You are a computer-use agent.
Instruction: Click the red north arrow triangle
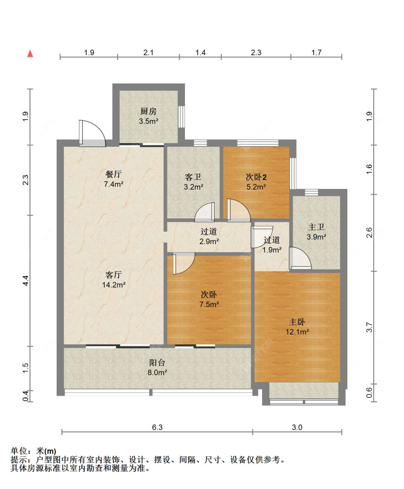coord(30,53)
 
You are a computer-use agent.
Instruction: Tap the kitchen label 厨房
coord(148,111)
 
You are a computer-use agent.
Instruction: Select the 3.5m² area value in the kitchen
coord(148,121)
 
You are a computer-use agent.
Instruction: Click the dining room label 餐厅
coord(113,174)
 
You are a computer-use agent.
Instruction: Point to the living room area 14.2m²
coord(113,285)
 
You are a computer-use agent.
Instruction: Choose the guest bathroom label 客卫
coord(193,177)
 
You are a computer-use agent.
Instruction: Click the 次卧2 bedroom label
coord(256,177)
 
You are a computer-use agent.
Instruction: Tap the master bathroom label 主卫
coord(316,227)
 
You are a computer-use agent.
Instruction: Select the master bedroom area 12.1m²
coord(297,331)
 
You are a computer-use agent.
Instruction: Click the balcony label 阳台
coord(157,363)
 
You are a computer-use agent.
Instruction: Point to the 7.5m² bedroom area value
coord(209,304)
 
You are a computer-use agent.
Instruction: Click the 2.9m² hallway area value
coord(209,241)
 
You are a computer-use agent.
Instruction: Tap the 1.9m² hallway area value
coord(272,250)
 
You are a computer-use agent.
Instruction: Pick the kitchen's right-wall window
coord(181,117)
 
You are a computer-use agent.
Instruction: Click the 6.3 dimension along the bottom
coord(157,427)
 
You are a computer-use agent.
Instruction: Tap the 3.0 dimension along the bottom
coord(297,427)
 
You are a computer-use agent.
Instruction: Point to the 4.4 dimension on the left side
coord(25,280)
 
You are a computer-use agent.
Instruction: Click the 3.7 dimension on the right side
coord(369,327)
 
